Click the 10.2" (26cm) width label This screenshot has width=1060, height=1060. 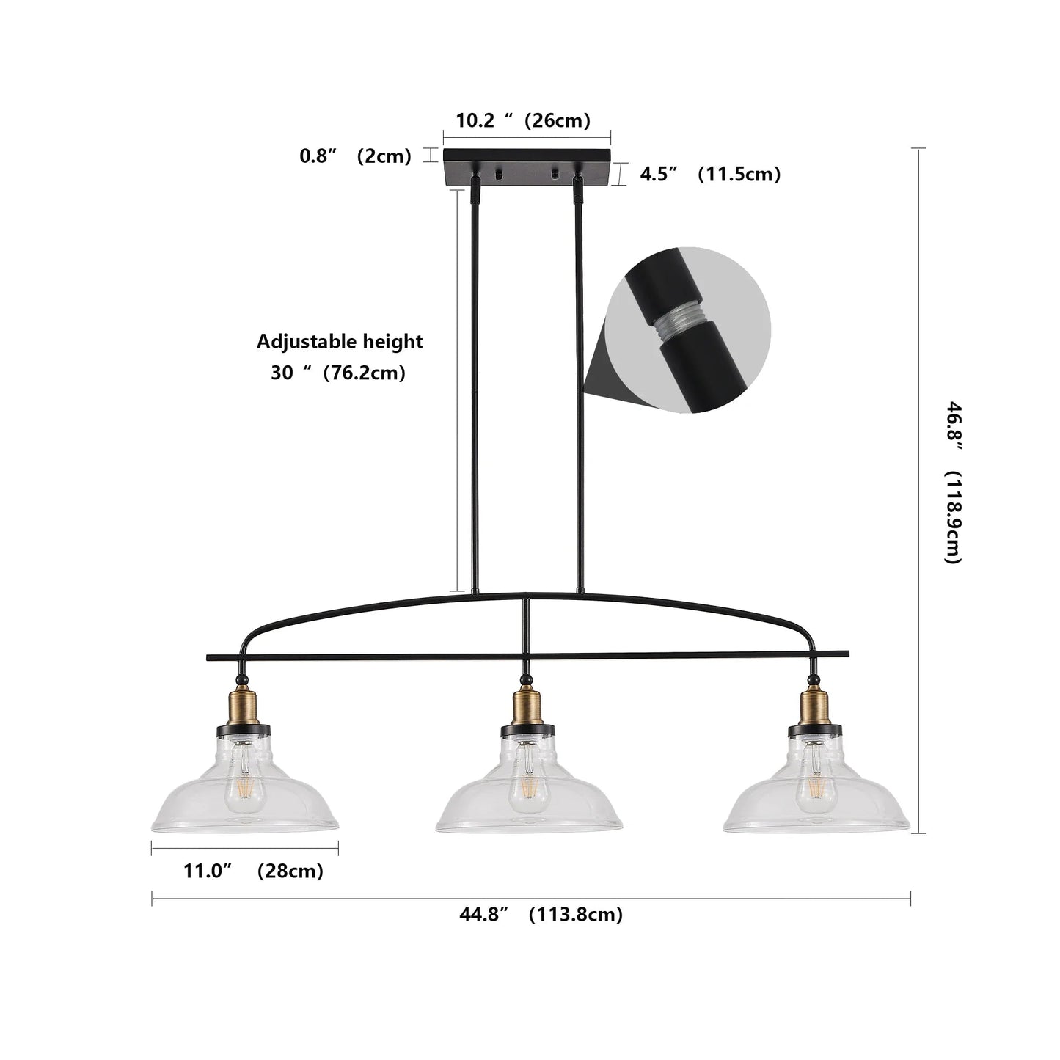click(x=523, y=120)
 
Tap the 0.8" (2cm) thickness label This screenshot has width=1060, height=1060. click(x=355, y=156)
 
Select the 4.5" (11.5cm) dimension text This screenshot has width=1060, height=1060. click(x=709, y=174)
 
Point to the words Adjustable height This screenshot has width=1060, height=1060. click(x=340, y=342)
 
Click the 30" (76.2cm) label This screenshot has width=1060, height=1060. click(x=338, y=373)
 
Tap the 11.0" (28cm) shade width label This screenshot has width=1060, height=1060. click(x=253, y=871)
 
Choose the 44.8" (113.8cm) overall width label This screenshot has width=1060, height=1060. click(x=541, y=914)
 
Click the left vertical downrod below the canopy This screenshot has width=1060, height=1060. click(x=475, y=381)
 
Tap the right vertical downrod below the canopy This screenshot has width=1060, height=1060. click(x=580, y=381)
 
